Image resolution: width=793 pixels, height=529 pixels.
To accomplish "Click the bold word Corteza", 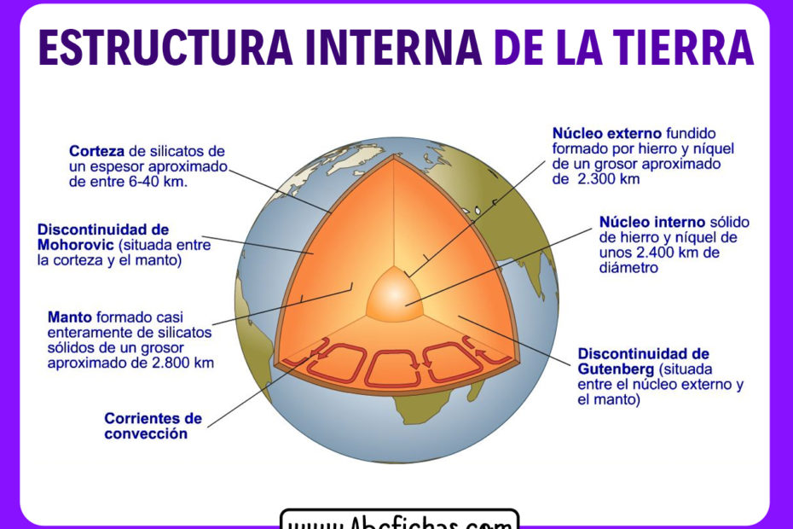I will click(95, 151).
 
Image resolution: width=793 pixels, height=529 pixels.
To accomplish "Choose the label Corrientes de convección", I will click(153, 426).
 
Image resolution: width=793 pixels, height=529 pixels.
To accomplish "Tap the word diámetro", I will click(629, 268).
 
